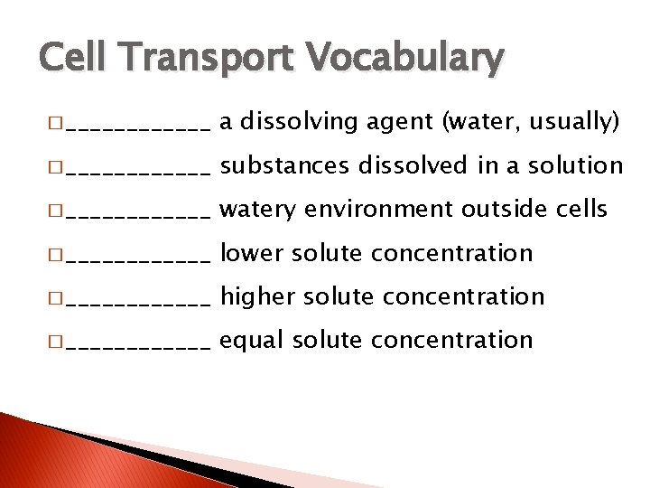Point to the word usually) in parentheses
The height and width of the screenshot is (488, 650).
577,122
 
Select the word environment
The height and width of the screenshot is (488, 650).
380,210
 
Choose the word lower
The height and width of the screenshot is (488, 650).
252,253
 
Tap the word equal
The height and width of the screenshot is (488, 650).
253,341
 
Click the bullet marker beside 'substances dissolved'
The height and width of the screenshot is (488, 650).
58,166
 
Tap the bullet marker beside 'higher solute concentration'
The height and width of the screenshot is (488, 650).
58,297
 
